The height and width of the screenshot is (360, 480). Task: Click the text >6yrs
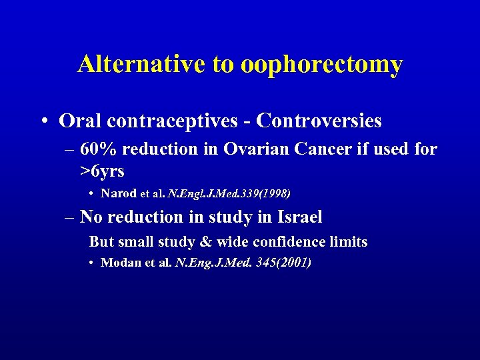pyautogui.click(x=103, y=171)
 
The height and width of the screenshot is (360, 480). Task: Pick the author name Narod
pyautogui.click(x=119, y=194)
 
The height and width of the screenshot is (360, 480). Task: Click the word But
pyautogui.click(x=102, y=241)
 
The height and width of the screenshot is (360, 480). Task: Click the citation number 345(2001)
pyautogui.click(x=283, y=263)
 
